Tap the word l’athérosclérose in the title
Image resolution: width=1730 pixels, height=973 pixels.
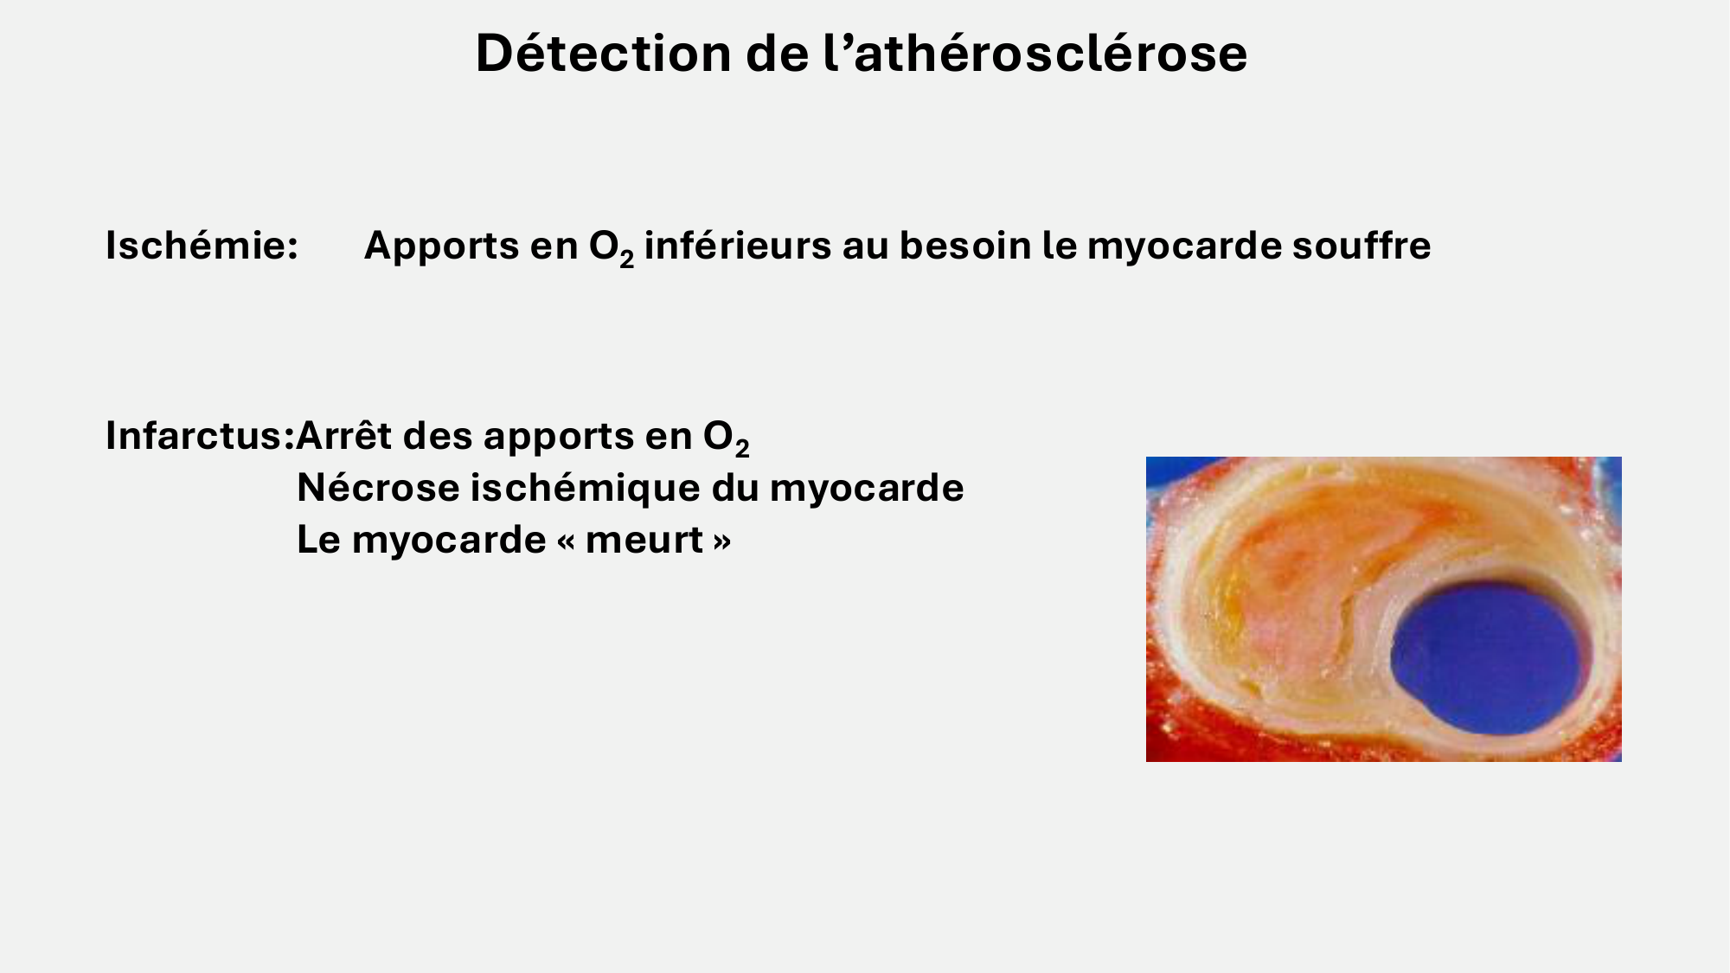click(x=1035, y=54)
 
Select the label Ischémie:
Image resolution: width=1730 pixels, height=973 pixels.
click(x=202, y=246)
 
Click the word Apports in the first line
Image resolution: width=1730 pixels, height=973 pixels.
click(x=441, y=246)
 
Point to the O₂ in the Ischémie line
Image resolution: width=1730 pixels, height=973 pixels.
click(x=611, y=247)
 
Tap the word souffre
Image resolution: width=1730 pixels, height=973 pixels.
click(x=1362, y=246)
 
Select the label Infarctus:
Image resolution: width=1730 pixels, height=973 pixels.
click(x=199, y=436)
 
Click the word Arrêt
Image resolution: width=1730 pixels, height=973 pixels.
click(x=343, y=436)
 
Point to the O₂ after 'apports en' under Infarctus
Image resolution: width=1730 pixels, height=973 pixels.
click(x=726, y=438)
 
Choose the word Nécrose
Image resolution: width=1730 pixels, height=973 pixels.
click(x=377, y=488)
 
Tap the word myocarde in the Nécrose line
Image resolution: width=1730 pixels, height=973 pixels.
click(x=867, y=488)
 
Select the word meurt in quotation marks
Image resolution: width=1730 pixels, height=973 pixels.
click(x=644, y=540)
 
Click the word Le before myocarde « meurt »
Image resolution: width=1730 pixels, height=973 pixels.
click(x=318, y=540)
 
